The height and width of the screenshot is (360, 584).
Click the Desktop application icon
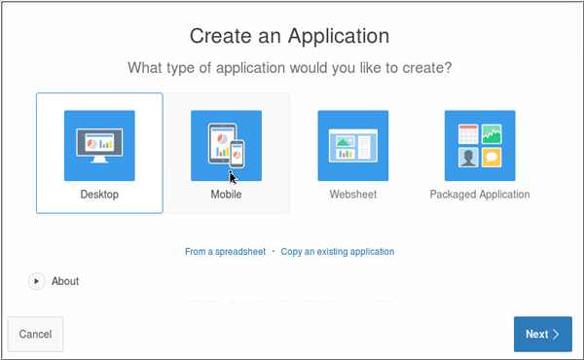[x=99, y=145]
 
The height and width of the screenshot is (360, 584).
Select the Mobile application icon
[x=226, y=145]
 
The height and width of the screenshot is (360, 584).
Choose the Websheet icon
[x=352, y=145]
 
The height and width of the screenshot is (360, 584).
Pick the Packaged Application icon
[x=479, y=145]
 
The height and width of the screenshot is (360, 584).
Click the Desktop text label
[x=99, y=195]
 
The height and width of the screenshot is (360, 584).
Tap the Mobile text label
[x=226, y=195]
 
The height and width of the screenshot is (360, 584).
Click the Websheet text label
[x=352, y=195]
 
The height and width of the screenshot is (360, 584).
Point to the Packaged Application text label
[x=479, y=195]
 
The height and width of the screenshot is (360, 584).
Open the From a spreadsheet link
[x=225, y=251]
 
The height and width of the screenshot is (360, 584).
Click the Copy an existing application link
[x=338, y=251]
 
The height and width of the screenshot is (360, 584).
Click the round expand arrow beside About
[x=37, y=281]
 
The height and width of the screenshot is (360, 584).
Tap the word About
[x=65, y=281]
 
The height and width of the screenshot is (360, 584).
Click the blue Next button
[x=542, y=334]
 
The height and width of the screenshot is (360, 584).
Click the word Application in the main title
[x=337, y=37]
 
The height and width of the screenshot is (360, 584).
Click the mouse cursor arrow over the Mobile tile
[x=233, y=177]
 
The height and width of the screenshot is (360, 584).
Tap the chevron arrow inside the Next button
[x=556, y=334]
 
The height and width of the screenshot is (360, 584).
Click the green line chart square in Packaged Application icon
[x=494, y=133]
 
